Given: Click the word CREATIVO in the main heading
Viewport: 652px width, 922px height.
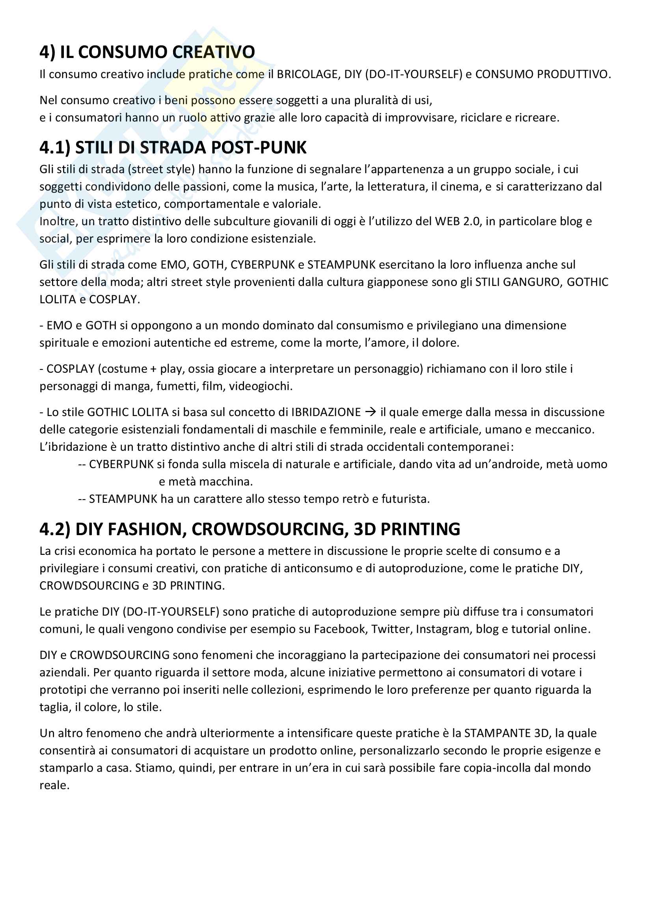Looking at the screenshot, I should pos(213,52).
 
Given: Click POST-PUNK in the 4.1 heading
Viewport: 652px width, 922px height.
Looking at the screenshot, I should pos(259,148).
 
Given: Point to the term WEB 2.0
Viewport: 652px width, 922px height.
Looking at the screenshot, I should pos(458,221).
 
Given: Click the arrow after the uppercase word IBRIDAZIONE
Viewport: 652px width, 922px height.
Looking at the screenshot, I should pos(371,412).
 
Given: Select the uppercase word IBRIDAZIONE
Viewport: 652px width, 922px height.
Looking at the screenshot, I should pos(326,412).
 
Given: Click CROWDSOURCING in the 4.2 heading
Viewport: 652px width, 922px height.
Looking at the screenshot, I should pos(270,529).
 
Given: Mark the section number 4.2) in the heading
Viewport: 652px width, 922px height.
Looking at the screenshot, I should pos(55,529).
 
